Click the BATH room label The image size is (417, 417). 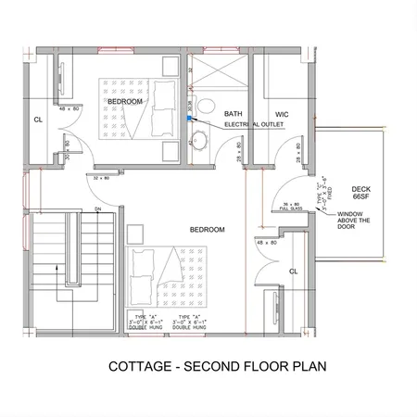[x=233, y=113]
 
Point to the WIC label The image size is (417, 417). [x=283, y=114]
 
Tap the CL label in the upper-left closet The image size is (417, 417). [x=38, y=119]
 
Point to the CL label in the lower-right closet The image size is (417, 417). [x=293, y=271]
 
